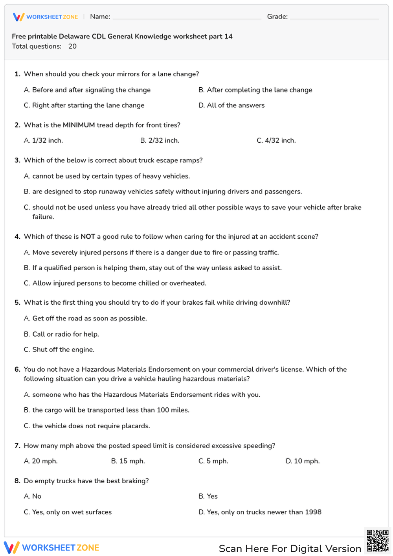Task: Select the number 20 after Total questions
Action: (72, 46)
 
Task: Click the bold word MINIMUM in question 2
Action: (79, 125)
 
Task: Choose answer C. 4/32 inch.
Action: (276, 140)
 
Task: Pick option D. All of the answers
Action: (231, 105)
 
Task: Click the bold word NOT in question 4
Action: (88, 237)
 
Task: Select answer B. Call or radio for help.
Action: (61, 334)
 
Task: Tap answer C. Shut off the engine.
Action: (59, 350)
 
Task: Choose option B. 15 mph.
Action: (128, 461)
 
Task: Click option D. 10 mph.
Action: (303, 461)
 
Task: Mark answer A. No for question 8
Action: (33, 496)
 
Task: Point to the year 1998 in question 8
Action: (313, 512)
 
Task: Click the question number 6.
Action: (17, 370)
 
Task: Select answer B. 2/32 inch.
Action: (160, 140)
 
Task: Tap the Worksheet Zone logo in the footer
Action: (51, 548)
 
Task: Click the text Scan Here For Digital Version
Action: (290, 549)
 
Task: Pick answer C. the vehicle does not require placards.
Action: (87, 426)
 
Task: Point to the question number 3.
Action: (17, 160)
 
